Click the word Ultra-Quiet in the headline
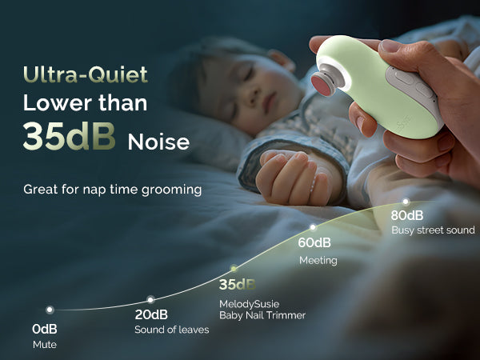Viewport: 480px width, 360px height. tap(86, 74)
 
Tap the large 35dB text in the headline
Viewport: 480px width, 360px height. tap(69, 136)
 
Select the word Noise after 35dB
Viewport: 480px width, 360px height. tap(158, 142)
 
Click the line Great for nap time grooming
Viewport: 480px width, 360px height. tap(112, 190)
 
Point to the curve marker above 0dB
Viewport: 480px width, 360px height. tap(50, 310)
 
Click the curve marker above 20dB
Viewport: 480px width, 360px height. tap(150, 299)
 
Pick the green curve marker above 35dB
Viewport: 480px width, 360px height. tap(234, 269)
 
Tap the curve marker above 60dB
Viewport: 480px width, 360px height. tap(313, 227)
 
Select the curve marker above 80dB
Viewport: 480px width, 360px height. tap(406, 202)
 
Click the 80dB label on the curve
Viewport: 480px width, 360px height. tap(407, 215)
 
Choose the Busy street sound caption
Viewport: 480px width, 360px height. tap(433, 230)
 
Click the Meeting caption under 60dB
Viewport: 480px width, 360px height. tap(318, 261)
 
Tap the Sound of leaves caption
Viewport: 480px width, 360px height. tap(172, 330)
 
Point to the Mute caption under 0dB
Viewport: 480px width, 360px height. tap(45, 345)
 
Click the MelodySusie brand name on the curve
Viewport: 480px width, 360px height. tap(249, 304)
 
